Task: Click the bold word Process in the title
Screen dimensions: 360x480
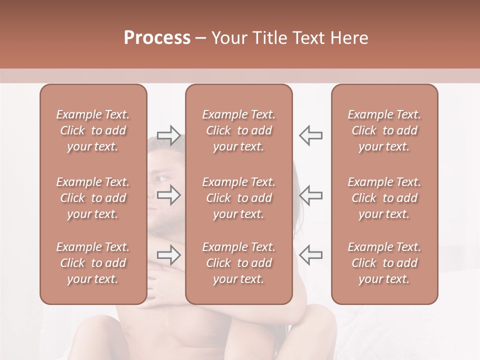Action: point(157,38)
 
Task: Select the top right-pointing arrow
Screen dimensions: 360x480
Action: point(168,135)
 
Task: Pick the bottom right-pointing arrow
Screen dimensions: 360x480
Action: point(168,255)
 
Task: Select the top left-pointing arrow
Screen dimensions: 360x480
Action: point(310,135)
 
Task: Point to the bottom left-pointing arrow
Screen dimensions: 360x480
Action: point(310,255)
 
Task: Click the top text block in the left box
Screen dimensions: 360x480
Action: point(93,130)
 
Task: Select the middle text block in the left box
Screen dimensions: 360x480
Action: point(93,198)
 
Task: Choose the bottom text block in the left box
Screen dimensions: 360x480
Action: point(93,263)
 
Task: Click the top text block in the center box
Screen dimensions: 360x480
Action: point(238,130)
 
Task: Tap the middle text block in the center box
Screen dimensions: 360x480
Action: point(238,198)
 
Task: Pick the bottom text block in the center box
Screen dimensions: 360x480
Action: point(238,263)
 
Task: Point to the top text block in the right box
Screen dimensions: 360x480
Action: point(384,130)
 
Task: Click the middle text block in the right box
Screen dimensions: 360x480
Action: point(384,198)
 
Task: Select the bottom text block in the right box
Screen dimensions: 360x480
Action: point(384,263)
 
